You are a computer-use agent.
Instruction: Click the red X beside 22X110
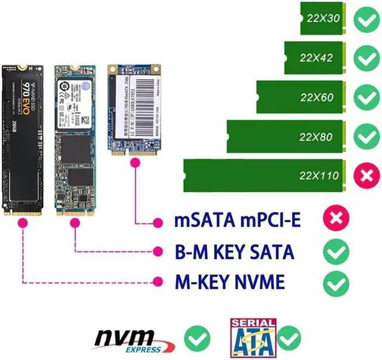[x=364, y=175]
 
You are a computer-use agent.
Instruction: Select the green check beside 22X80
[x=364, y=137]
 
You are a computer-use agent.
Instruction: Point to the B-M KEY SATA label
[x=234, y=251]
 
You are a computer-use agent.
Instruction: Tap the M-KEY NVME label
[x=229, y=281]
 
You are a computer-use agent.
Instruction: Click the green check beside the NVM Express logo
[x=197, y=339]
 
